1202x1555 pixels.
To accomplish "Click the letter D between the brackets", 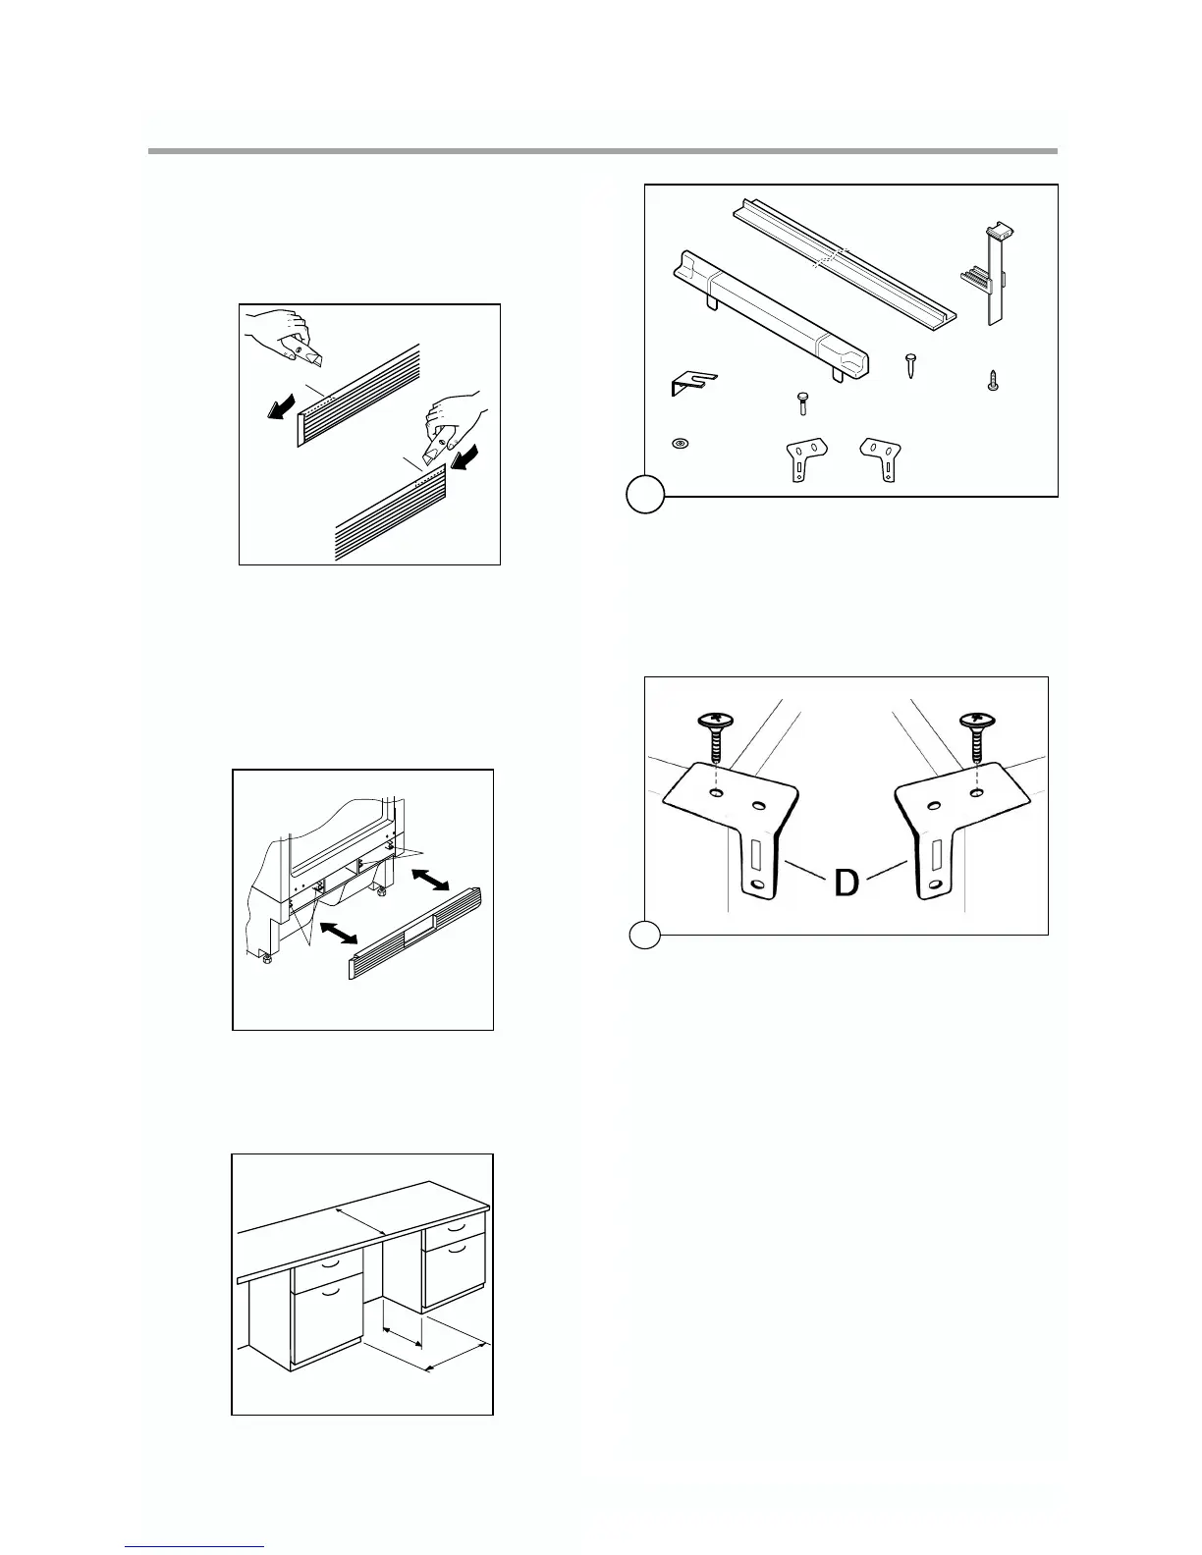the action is (x=847, y=883).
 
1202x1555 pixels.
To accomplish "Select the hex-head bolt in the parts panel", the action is (x=802, y=402).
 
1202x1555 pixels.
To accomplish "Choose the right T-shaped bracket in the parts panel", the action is (x=881, y=456).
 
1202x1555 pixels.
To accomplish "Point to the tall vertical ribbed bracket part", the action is (x=991, y=274).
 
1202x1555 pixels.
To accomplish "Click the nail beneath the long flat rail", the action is (x=911, y=369).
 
